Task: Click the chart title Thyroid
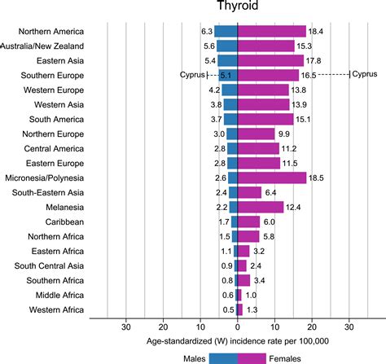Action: click(x=238, y=8)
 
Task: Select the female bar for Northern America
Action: click(x=271, y=31)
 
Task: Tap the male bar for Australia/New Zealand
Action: click(x=227, y=46)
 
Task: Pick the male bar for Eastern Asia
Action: click(x=227, y=60)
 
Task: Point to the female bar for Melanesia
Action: click(x=260, y=207)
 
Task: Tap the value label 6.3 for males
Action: click(x=207, y=31)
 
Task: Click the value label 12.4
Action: click(x=296, y=207)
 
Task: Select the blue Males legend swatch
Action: click(x=223, y=357)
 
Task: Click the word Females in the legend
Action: click(x=287, y=357)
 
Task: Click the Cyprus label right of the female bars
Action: click(x=366, y=74)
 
